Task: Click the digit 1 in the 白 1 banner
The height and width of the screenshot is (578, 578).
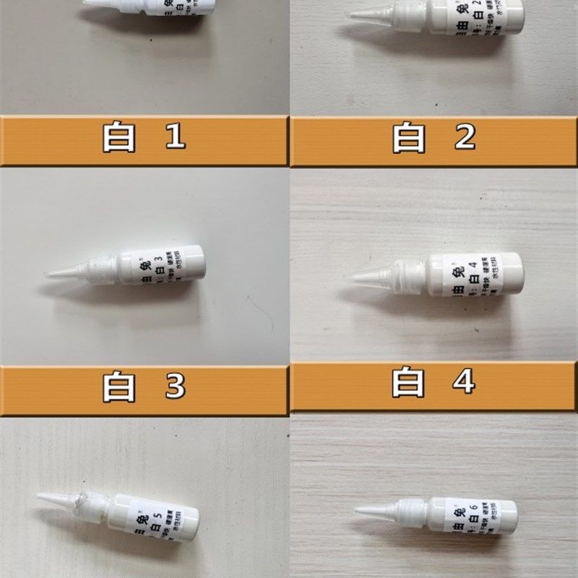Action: [175, 137]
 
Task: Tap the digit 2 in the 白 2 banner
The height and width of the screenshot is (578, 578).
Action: [465, 137]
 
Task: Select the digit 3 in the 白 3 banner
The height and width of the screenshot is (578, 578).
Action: [175, 387]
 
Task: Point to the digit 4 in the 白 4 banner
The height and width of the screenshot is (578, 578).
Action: [465, 383]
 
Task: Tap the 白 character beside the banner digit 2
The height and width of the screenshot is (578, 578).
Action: [409, 137]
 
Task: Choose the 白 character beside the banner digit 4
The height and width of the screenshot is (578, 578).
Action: [408, 383]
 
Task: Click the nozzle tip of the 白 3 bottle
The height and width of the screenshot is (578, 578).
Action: [46, 275]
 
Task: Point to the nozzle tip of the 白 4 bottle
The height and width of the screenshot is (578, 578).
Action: [345, 278]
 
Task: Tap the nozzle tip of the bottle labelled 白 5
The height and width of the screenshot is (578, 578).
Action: [38, 496]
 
